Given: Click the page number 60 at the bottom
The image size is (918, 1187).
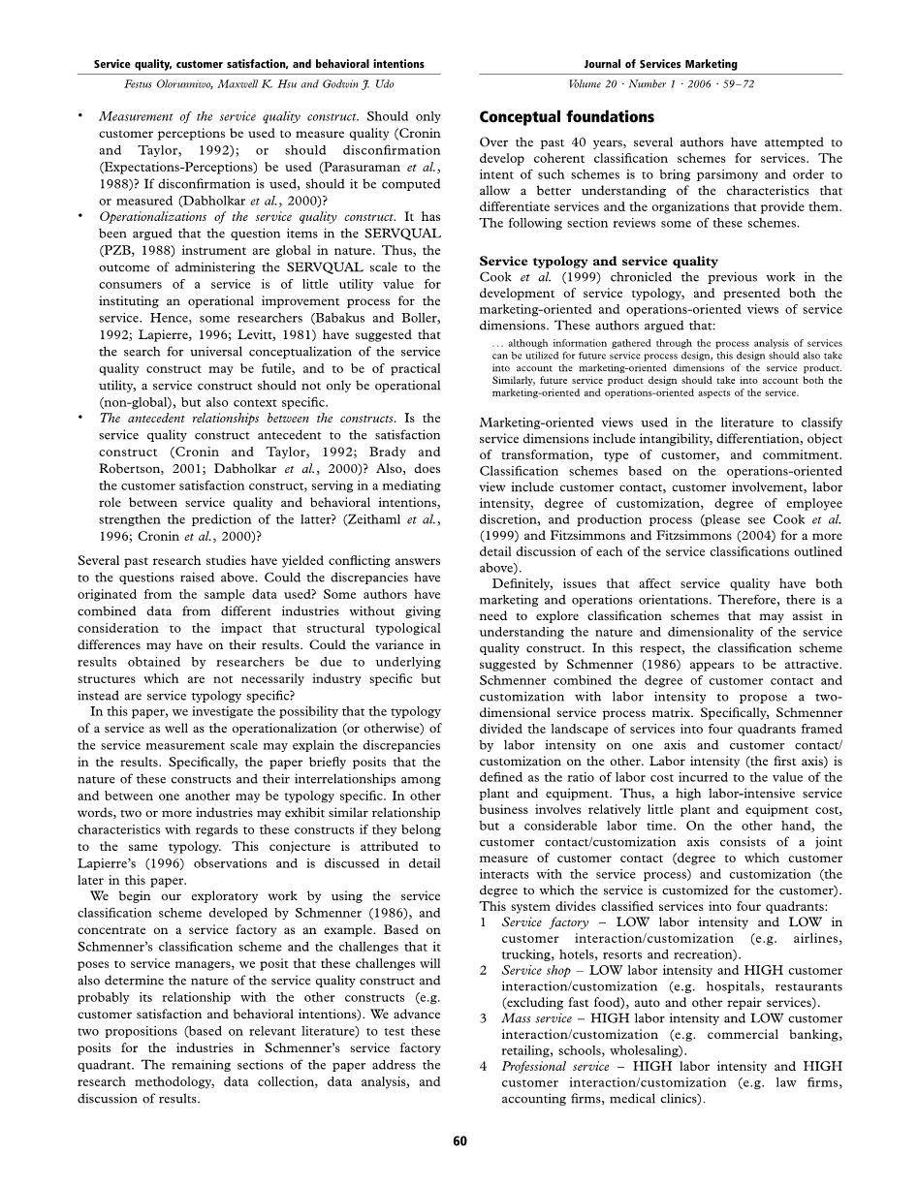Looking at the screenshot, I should pyautogui.click(x=459, y=1140).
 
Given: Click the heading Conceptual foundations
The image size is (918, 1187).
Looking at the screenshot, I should pyautogui.click(x=567, y=117).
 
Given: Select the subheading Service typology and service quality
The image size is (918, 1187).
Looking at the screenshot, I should pyautogui.click(x=599, y=262).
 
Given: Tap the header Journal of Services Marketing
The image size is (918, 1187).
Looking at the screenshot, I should pyautogui.click(x=660, y=64).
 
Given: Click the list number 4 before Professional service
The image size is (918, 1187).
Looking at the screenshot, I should pyautogui.click(x=483, y=1066).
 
